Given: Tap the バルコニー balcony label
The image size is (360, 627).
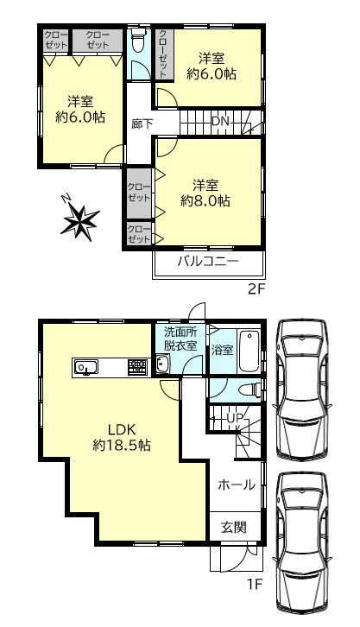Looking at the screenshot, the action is (208, 262).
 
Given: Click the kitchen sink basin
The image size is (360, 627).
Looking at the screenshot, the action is (85, 367).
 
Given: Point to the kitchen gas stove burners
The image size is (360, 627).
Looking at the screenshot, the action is (137, 366).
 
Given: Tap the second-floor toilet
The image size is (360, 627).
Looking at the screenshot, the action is (138, 40).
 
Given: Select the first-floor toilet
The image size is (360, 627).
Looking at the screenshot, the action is (249, 389).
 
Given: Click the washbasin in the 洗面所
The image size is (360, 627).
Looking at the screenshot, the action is (162, 364).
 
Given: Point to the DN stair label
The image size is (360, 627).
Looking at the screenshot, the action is (220, 121).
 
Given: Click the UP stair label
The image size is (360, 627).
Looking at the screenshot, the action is (235, 418).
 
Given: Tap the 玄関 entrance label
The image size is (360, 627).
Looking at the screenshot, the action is (234, 528).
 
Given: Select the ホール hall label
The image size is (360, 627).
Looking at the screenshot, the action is (237, 485).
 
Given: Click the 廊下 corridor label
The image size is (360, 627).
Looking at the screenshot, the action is (142, 124).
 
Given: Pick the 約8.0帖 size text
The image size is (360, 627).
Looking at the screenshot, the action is (205, 200).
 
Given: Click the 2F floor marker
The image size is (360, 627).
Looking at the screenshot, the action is (256, 289).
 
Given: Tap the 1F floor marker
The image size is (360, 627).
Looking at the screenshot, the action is (254, 585).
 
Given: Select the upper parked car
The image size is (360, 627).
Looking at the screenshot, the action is (302, 389).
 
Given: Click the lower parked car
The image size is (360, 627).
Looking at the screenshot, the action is (302, 544).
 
